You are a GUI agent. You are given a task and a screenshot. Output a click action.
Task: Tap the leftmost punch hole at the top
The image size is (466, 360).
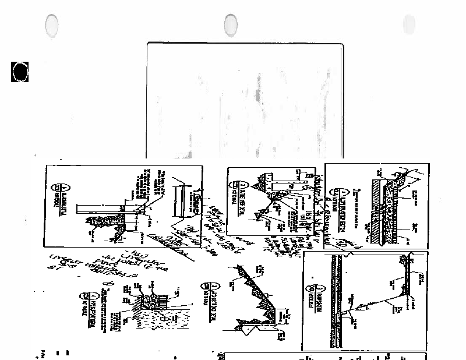pyautogui.click(x=52, y=25)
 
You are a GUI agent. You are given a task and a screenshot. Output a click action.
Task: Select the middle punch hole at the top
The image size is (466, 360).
pyautogui.click(x=231, y=24)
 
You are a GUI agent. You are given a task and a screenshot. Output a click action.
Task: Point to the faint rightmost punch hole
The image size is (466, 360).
pyautogui.click(x=409, y=24)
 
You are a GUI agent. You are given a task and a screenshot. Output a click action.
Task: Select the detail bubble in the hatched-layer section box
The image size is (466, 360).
pyautogui.click(x=339, y=193)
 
